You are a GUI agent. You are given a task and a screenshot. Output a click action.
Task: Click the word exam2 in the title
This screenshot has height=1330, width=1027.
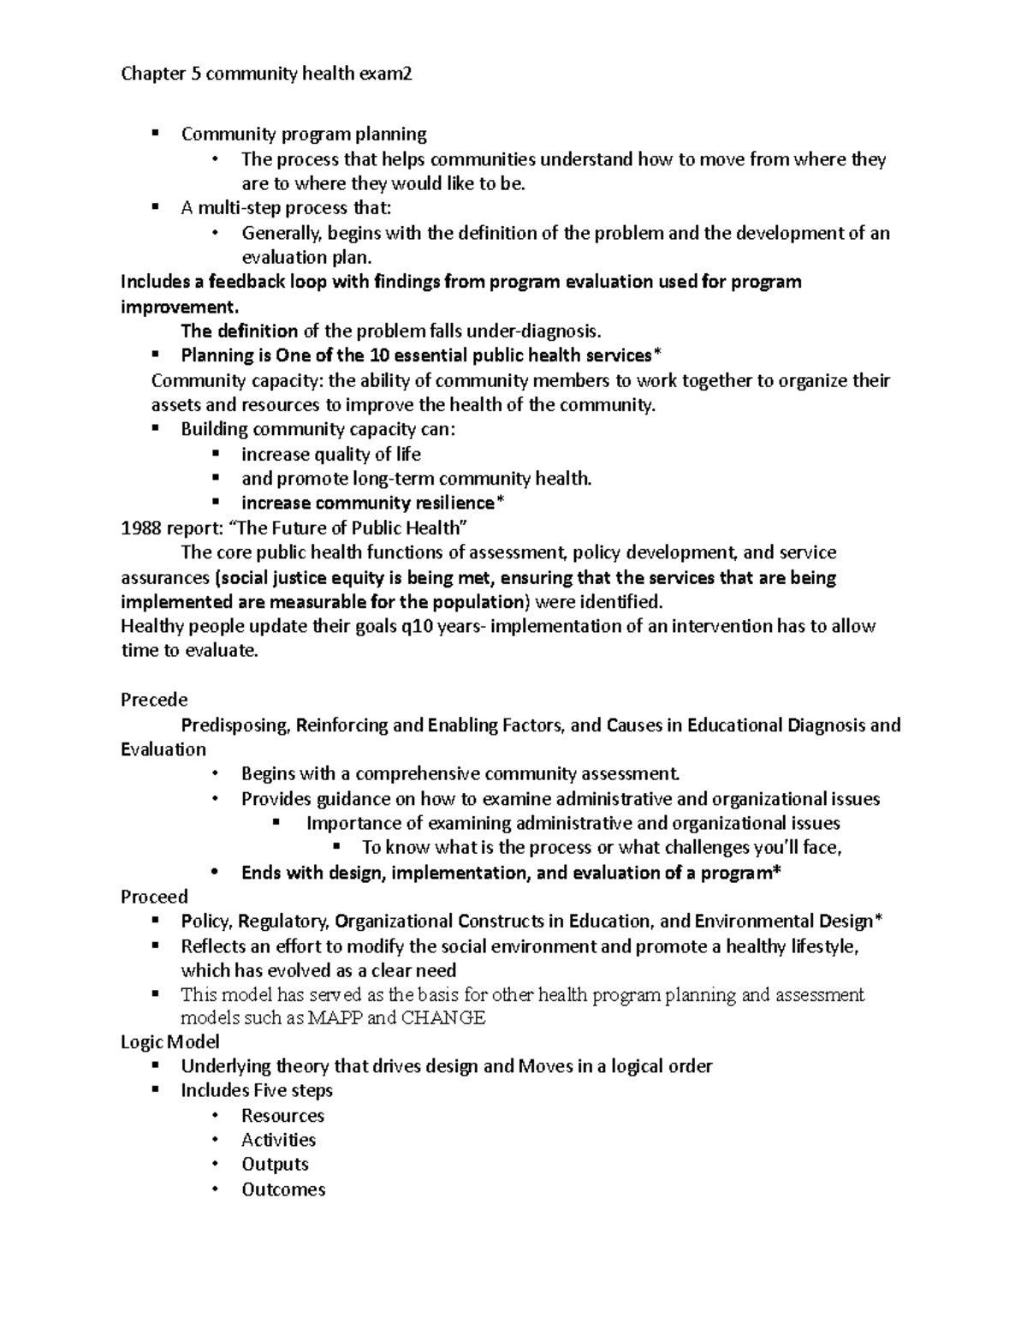pyautogui.click(x=385, y=75)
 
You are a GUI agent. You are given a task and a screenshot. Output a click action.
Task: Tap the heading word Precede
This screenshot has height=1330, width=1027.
pyautogui.click(x=154, y=700)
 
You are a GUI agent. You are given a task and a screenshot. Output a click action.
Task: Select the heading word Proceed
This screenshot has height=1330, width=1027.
pyautogui.click(x=154, y=897)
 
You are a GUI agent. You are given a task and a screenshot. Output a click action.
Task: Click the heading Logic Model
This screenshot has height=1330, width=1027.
pyautogui.click(x=170, y=1041)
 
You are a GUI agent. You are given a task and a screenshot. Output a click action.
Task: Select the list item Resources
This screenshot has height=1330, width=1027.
pyautogui.click(x=282, y=1116)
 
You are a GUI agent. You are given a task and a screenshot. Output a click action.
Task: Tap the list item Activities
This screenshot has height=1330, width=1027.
pyautogui.click(x=278, y=1140)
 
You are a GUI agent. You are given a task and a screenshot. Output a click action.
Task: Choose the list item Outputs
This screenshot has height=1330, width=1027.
pyautogui.click(x=275, y=1165)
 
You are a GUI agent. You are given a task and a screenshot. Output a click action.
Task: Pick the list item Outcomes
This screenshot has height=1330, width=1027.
pyautogui.click(x=283, y=1190)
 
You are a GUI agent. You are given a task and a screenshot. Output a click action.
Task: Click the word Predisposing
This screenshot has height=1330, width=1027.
pyautogui.click(x=236, y=725)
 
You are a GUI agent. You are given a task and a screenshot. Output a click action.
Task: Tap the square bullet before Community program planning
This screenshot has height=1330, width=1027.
pyautogui.click(x=155, y=134)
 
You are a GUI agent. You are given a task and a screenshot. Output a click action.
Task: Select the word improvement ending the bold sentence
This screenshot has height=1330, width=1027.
pyautogui.click(x=175, y=307)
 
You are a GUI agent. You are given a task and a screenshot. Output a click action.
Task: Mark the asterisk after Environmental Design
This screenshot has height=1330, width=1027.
pyautogui.click(x=878, y=921)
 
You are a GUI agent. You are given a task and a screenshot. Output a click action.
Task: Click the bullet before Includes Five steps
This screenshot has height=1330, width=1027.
pyautogui.click(x=155, y=1090)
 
